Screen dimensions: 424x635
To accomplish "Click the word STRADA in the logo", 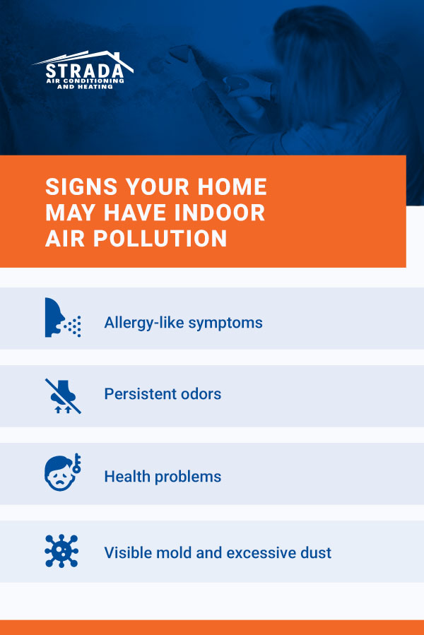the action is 85,71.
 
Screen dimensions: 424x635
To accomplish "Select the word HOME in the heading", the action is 232,186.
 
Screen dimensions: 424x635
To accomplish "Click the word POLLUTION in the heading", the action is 160,238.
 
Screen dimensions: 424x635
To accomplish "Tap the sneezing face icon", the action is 63,318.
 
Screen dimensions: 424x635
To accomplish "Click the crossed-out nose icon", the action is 63,396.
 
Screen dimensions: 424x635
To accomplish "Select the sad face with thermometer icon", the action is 63,473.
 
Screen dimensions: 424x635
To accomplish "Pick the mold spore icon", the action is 61,551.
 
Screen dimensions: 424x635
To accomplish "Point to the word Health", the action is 127,476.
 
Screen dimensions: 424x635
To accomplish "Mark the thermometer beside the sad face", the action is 76,463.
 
